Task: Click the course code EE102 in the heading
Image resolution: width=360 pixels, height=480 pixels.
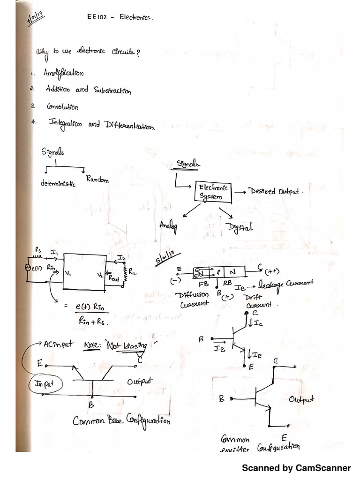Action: [x=97, y=17]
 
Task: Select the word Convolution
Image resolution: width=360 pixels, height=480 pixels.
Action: [x=62, y=107]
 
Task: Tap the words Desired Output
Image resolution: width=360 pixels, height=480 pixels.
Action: [x=276, y=191]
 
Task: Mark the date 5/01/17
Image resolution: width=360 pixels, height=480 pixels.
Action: [x=166, y=258]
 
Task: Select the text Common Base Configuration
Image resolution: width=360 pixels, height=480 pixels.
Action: [x=121, y=420]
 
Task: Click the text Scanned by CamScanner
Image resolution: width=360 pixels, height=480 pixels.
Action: [x=296, y=468]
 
